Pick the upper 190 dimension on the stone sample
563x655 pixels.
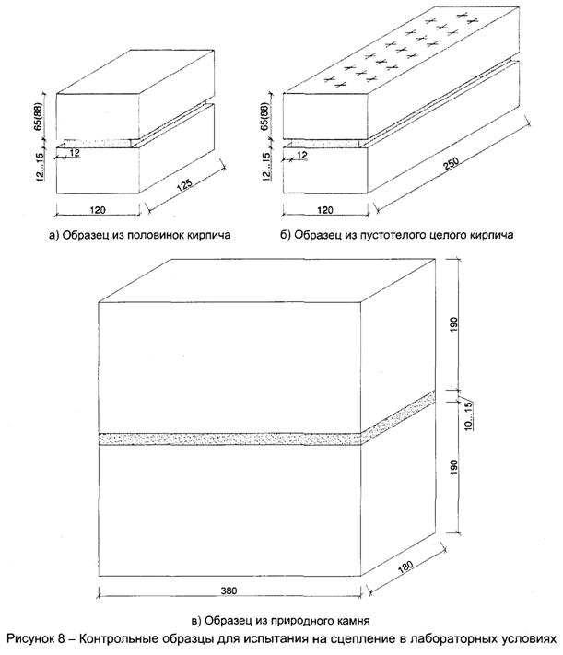pyautogui.click(x=465, y=324)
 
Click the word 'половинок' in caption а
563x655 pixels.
pyautogui.click(x=170, y=236)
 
